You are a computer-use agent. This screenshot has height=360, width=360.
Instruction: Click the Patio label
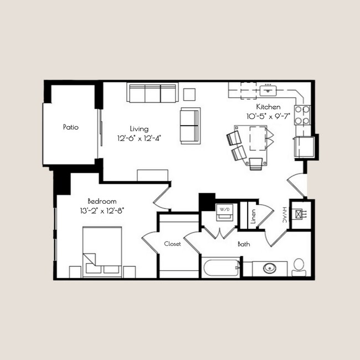[70, 127]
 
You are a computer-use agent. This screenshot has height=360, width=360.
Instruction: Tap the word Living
[138, 127]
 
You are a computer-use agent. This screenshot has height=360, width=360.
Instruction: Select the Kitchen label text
[268, 107]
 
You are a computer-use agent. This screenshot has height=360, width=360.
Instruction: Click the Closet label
[172, 244]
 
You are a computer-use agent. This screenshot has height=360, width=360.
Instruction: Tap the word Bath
[244, 244]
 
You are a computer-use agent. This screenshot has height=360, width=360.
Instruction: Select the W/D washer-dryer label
[225, 210]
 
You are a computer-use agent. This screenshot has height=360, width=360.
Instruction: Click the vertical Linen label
[253, 217]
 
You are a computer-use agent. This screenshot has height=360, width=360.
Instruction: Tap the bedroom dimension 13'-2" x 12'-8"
[102, 210]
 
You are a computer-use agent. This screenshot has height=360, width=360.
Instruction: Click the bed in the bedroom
[102, 251]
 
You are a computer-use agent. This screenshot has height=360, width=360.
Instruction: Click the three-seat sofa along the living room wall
[152, 92]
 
